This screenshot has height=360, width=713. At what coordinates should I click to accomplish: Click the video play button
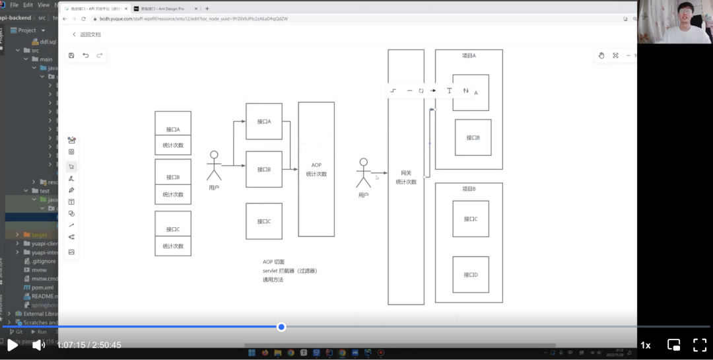pyautogui.click(x=12, y=345)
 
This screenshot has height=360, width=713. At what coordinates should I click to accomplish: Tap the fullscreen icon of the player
pyautogui.click(x=700, y=345)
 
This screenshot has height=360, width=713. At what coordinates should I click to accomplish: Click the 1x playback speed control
pyautogui.click(x=646, y=345)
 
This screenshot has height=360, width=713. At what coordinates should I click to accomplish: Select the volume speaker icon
pyautogui.click(x=38, y=345)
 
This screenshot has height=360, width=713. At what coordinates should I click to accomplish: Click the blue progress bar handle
pyautogui.click(x=281, y=327)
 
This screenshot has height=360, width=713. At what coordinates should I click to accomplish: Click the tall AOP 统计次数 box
pyautogui.click(x=316, y=169)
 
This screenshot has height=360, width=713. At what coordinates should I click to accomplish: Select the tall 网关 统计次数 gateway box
pyautogui.click(x=406, y=177)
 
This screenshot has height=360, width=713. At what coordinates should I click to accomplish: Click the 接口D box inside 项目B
pyautogui.click(x=471, y=275)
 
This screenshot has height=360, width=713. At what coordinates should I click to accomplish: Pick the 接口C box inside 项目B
pyautogui.click(x=471, y=219)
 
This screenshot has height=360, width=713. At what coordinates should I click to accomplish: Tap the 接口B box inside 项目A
pyautogui.click(x=473, y=137)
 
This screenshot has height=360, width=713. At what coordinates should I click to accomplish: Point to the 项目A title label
pyautogui.click(x=469, y=56)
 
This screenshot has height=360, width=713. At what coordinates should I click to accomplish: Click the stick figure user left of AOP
pyautogui.click(x=214, y=166)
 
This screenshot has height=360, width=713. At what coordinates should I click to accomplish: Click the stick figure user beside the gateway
pyautogui.click(x=363, y=173)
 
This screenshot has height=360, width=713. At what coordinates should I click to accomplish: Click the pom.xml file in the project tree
pyautogui.click(x=42, y=287)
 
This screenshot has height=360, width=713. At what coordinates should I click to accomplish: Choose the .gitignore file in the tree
pyautogui.click(x=44, y=261)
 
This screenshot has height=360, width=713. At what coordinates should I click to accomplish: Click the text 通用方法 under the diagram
pyautogui.click(x=273, y=279)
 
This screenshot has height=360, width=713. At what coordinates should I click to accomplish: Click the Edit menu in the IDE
pyautogui.click(x=28, y=5)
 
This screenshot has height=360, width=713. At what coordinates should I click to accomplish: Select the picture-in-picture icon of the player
pyautogui.click(x=673, y=345)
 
